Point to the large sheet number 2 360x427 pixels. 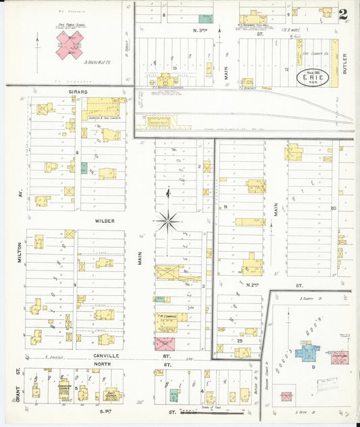tap(344, 14)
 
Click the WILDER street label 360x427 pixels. tap(105, 220)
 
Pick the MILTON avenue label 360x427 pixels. tap(20, 253)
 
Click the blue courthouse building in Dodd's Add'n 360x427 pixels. tap(309, 352)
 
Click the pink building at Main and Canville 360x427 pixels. tap(165, 344)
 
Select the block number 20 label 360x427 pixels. tap(333, 208)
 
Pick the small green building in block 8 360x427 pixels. tap(84, 168)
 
